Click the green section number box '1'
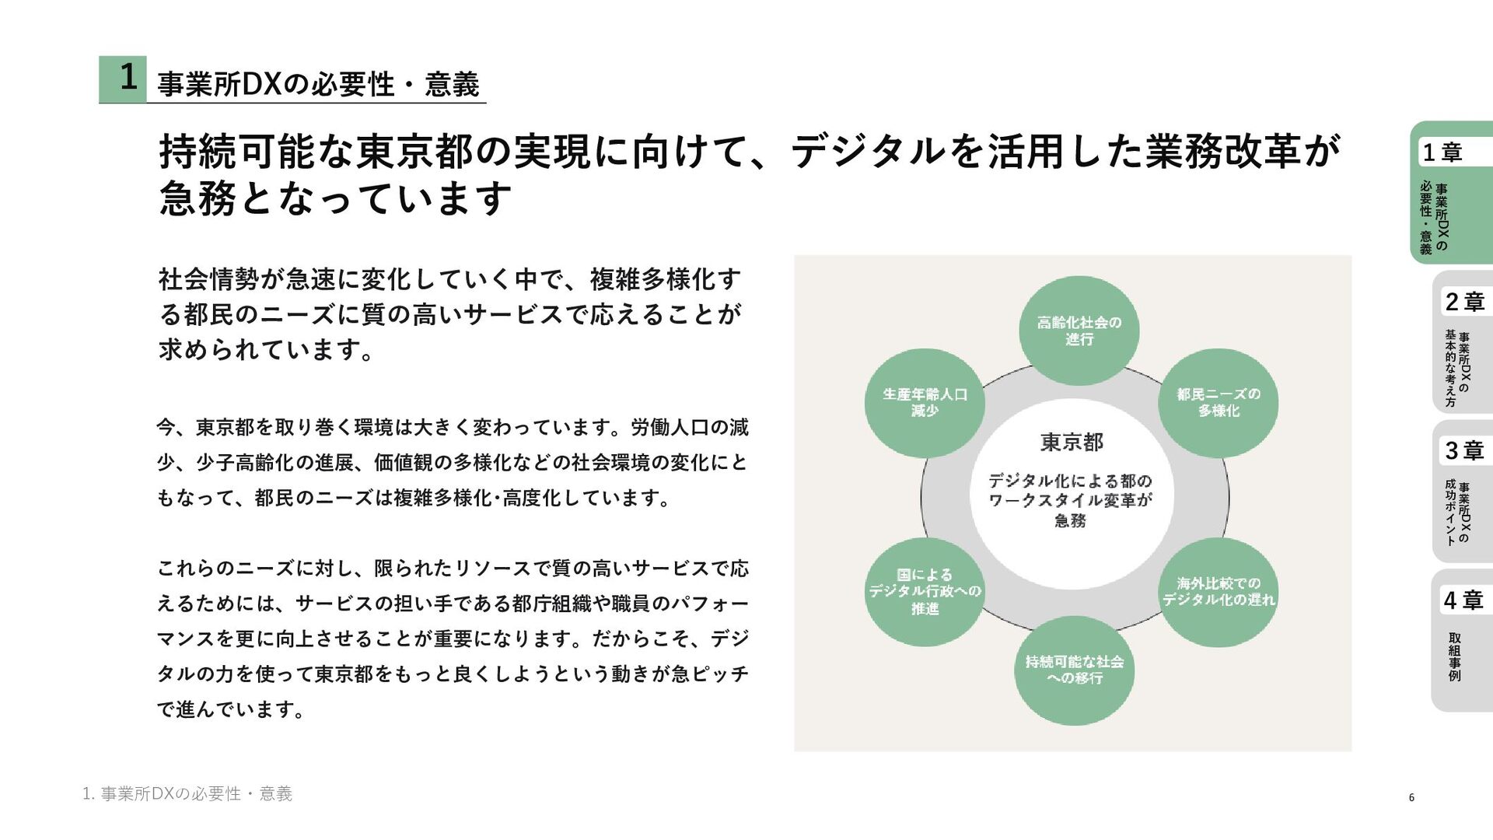(x=123, y=79)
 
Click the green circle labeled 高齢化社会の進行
(x=1079, y=331)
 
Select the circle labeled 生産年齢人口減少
(x=925, y=403)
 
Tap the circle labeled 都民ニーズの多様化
(x=1218, y=403)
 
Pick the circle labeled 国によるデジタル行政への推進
(x=925, y=591)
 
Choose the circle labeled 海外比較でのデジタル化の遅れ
(x=1218, y=591)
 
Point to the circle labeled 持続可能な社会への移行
(x=1074, y=670)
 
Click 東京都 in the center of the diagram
(x=1072, y=443)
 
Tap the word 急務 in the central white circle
(x=1070, y=520)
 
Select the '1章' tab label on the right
(x=1442, y=152)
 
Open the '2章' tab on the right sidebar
(x=1464, y=302)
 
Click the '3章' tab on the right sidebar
(x=1464, y=450)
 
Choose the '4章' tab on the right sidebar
(x=1463, y=600)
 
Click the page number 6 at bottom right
(x=1411, y=797)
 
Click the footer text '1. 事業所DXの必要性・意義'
(x=187, y=793)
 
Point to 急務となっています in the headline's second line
(x=335, y=198)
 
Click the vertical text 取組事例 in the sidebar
(x=1454, y=657)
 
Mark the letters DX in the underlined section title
(x=261, y=84)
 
